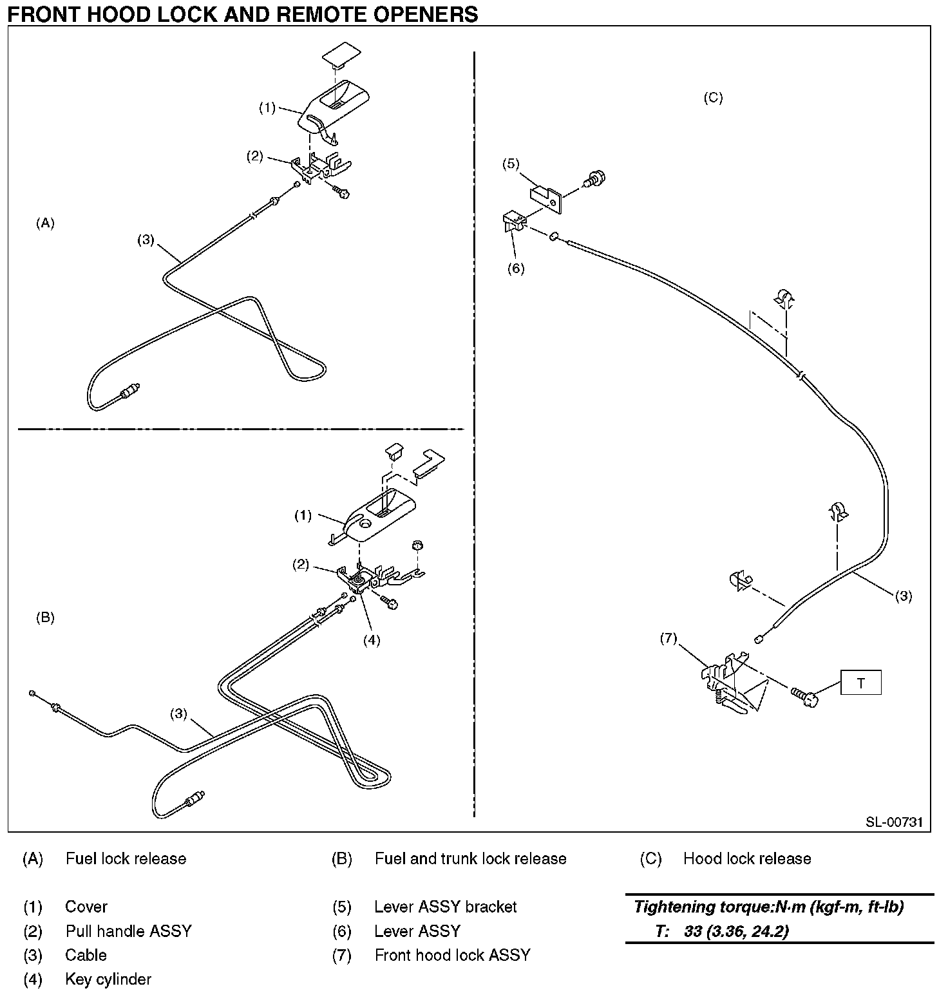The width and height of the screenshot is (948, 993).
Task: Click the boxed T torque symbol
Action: [860, 683]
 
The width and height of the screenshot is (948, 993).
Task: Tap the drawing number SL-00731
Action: [894, 822]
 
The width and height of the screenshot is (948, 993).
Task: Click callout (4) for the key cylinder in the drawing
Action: [372, 640]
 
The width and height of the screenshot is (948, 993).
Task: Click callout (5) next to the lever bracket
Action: [511, 164]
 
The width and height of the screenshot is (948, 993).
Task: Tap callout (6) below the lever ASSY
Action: [516, 269]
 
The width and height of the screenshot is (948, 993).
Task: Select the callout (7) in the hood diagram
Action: [668, 638]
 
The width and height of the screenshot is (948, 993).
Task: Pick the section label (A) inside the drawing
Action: [45, 223]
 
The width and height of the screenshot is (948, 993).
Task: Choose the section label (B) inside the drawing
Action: [45, 618]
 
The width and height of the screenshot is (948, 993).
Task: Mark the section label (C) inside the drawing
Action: [713, 98]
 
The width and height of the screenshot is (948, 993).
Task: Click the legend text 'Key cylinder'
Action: [108, 979]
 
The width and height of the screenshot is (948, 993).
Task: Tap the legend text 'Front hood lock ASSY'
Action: [452, 955]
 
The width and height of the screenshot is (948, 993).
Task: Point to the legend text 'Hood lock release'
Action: [747, 858]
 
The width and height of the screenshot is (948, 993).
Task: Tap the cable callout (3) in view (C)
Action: [903, 596]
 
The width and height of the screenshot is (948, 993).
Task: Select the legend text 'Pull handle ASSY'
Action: [128, 931]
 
